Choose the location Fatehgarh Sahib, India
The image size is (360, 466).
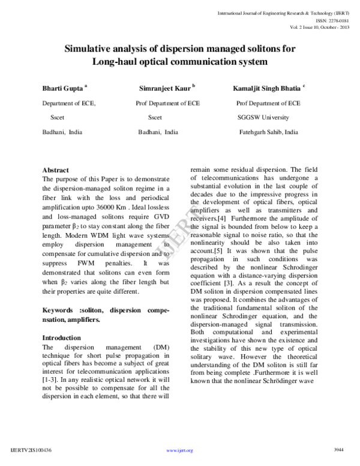pos(268,132)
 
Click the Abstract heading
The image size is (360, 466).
pos(56,170)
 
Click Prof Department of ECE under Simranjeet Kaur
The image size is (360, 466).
pos(168,103)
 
